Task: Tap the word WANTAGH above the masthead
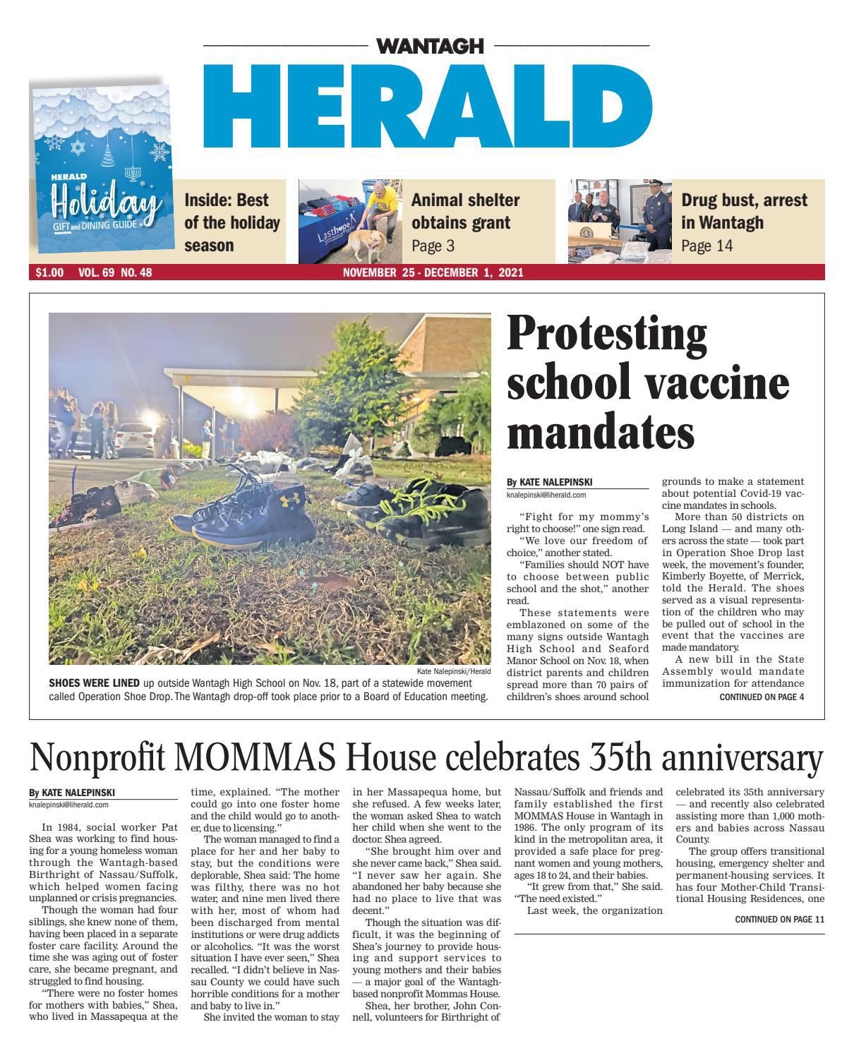coord(430,47)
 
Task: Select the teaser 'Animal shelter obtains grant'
coord(465,211)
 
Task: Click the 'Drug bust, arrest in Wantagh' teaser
coord(743,211)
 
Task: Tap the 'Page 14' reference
coord(706,246)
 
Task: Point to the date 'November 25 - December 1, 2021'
coord(433,272)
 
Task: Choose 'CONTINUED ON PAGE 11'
coord(779,920)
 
